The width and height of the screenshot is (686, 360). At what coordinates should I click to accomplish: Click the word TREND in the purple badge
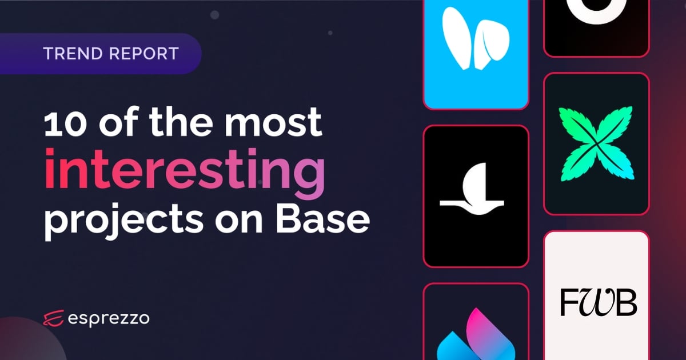pos(73,54)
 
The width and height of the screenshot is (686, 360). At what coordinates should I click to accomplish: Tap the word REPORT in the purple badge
pos(144,54)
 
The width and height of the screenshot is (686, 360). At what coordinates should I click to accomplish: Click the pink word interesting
pos(184,169)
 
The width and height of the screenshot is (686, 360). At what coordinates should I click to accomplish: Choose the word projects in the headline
pos(123,221)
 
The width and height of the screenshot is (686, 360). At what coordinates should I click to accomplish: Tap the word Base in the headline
pos(323,218)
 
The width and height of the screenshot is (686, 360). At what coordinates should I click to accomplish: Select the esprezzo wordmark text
pos(109,319)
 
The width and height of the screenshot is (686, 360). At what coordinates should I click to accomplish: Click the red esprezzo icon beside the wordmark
pos(53,318)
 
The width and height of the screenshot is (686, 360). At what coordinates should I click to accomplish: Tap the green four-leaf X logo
pos(596,143)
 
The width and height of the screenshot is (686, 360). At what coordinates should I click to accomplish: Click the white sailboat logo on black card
pos(472,189)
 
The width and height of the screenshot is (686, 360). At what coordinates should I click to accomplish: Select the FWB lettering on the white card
pos(598,302)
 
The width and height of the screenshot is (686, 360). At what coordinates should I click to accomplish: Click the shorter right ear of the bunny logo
pos(492,44)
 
